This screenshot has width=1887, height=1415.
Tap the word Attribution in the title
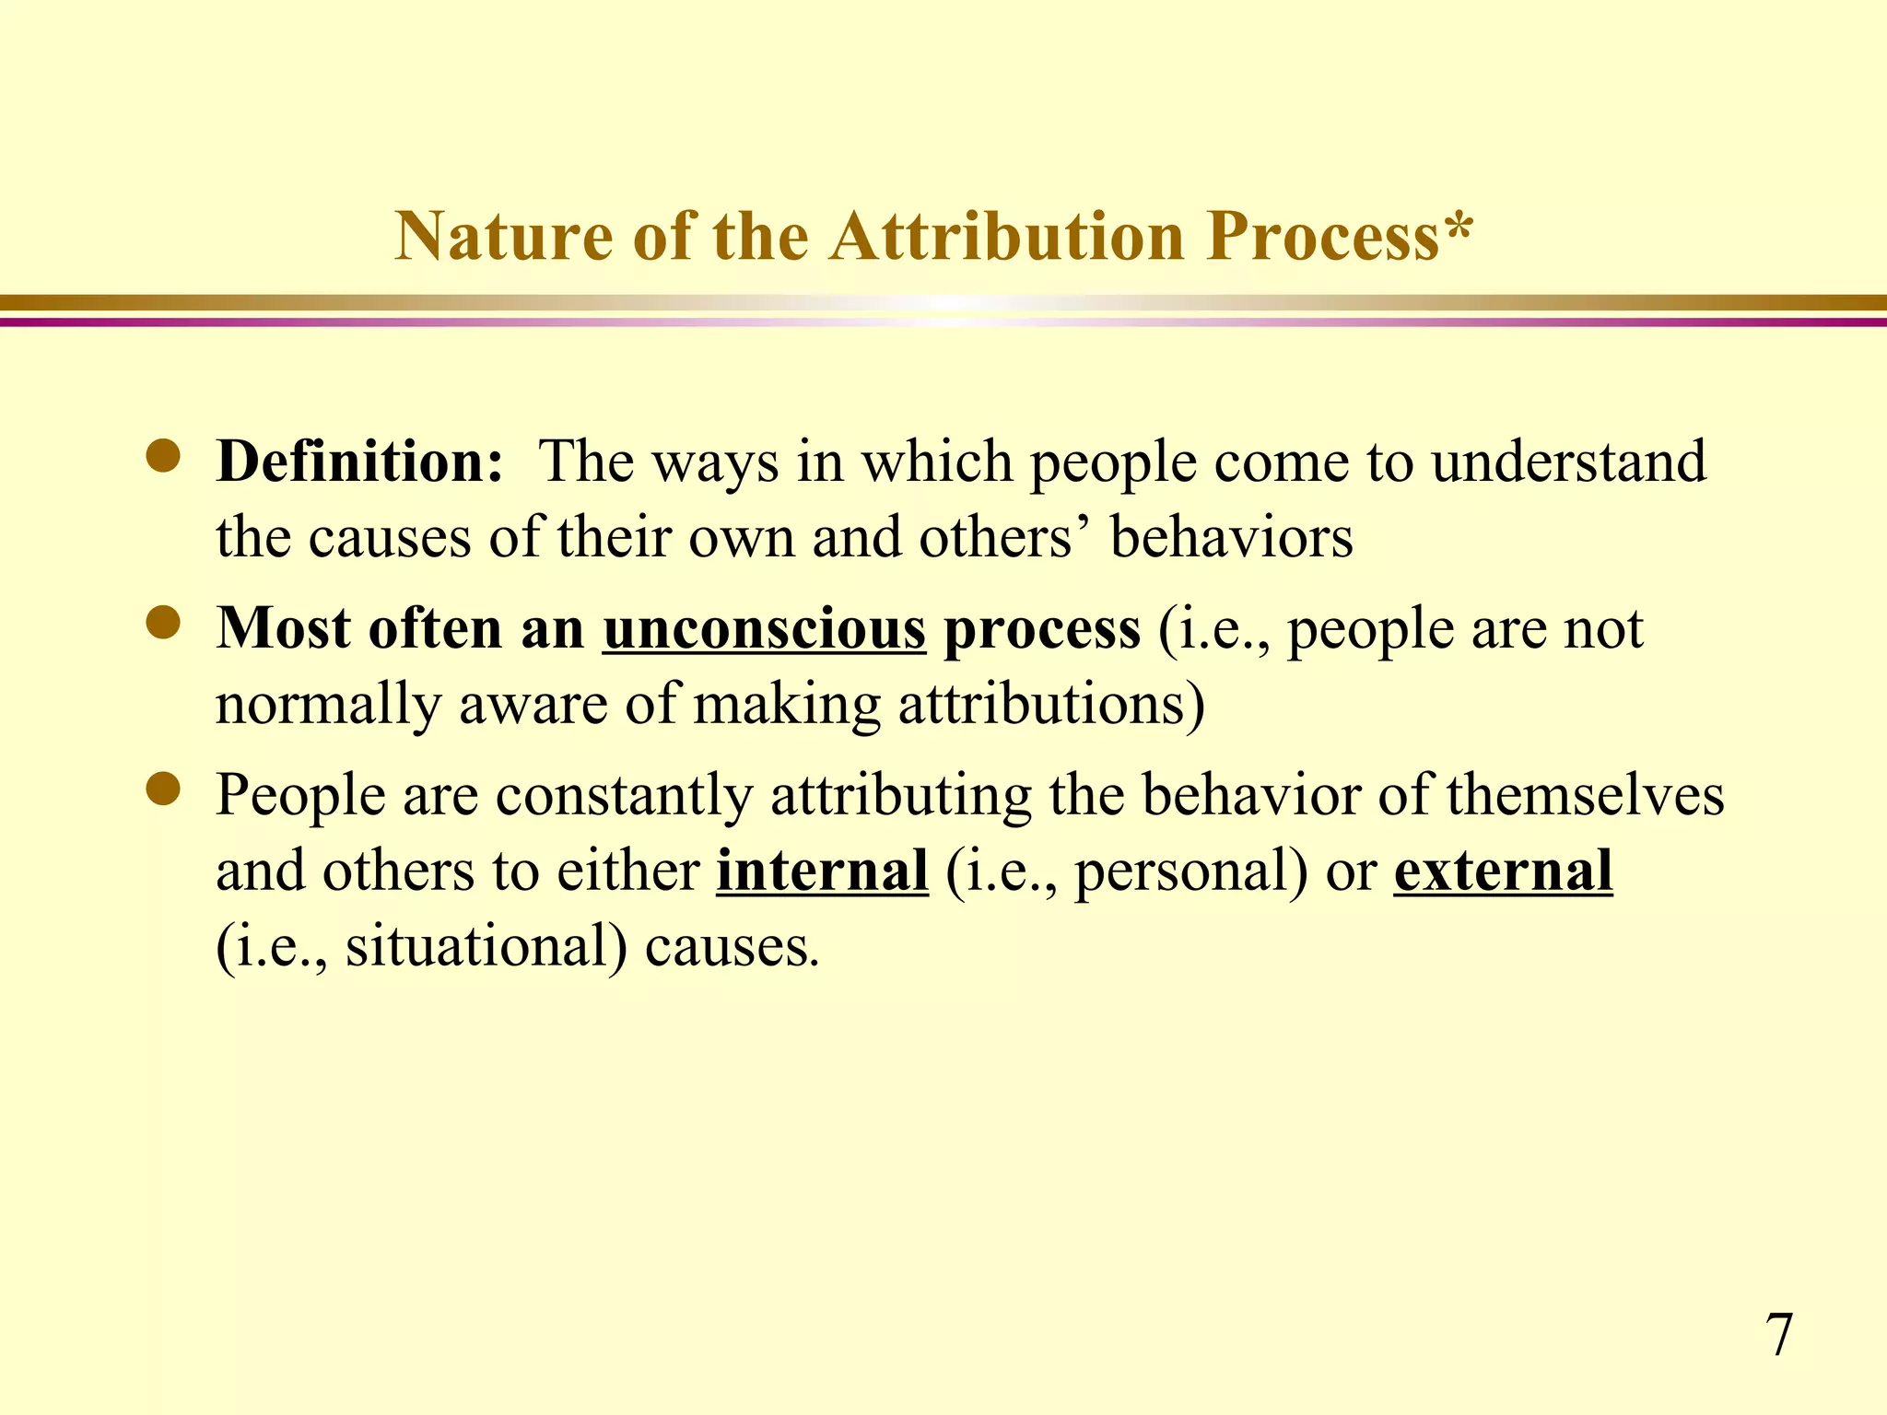pyautogui.click(x=1006, y=237)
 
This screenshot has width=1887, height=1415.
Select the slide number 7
pyautogui.click(x=1779, y=1335)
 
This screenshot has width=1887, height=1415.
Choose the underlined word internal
pyautogui.click(x=822, y=870)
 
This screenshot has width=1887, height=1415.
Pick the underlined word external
pyautogui.click(x=1503, y=870)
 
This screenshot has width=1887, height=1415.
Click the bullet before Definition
pyautogui.click(x=164, y=458)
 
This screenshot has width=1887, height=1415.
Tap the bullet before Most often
pyautogui.click(x=164, y=625)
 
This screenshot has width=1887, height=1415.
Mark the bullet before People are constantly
pyautogui.click(x=164, y=790)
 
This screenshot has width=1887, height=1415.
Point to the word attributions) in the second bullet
pyautogui.click(x=1051, y=705)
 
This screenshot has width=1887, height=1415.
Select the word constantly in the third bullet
pyautogui.click(x=624, y=796)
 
